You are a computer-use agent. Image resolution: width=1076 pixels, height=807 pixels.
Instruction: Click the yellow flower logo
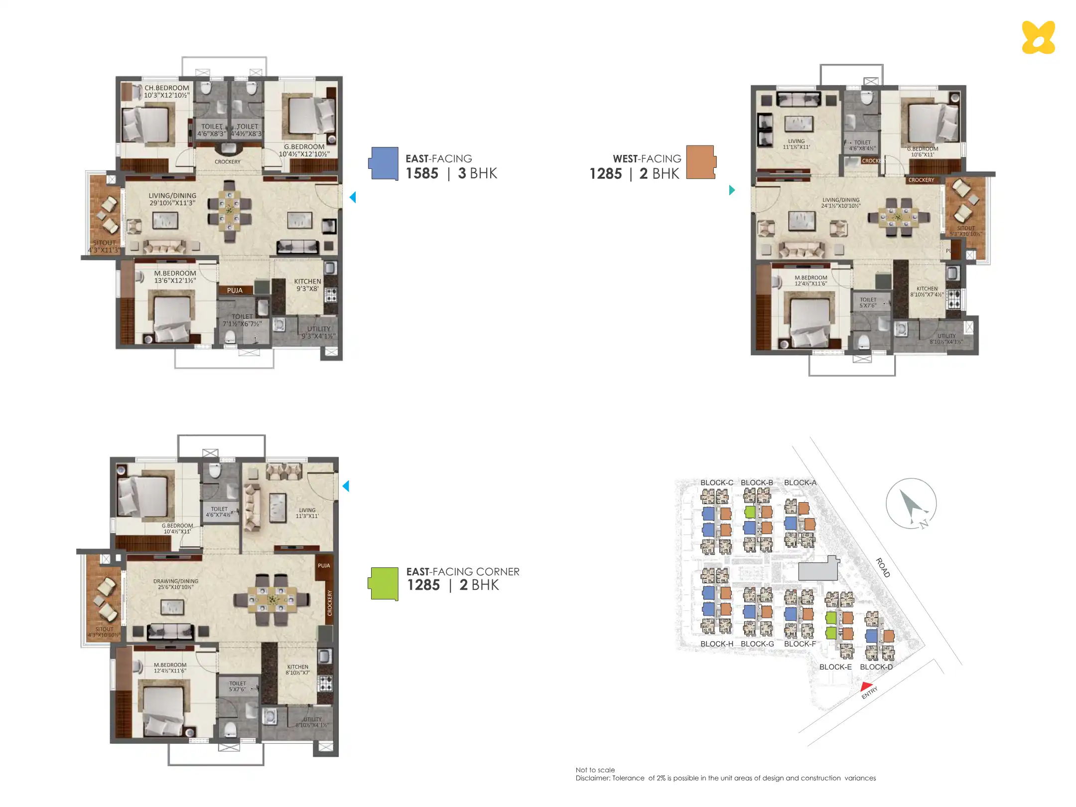pyautogui.click(x=1038, y=37)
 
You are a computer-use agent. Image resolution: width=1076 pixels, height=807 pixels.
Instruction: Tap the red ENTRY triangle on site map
pyautogui.click(x=866, y=686)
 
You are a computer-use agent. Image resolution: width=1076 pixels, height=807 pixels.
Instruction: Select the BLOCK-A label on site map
pyautogui.click(x=800, y=483)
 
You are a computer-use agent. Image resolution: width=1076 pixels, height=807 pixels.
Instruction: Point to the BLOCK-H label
pyautogui.click(x=716, y=644)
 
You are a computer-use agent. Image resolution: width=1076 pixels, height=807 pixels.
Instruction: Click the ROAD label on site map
pyautogui.click(x=883, y=568)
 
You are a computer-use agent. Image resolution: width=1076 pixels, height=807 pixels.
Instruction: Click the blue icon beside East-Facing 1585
pyautogui.click(x=384, y=163)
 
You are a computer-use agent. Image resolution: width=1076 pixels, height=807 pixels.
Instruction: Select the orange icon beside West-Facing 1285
pyautogui.click(x=700, y=162)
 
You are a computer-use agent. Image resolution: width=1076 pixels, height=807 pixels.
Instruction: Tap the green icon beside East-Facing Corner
pyautogui.click(x=384, y=584)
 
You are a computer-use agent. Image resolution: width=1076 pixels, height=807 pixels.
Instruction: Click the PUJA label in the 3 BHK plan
pyautogui.click(x=235, y=290)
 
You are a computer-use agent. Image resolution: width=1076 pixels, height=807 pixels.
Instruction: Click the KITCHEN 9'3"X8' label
pyautogui.click(x=307, y=285)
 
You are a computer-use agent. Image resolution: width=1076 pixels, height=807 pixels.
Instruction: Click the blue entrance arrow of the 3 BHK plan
pyautogui.click(x=353, y=197)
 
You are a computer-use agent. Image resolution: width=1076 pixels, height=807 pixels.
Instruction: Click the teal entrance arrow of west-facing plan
pyautogui.click(x=732, y=190)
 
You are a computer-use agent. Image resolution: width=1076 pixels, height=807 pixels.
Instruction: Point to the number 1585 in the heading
pyautogui.click(x=421, y=173)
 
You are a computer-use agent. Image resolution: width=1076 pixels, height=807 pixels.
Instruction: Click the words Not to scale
pyautogui.click(x=595, y=770)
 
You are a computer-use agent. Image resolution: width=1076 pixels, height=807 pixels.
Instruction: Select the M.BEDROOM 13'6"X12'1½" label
pyautogui.click(x=175, y=277)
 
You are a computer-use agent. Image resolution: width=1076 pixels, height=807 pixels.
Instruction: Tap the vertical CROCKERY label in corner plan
pyautogui.click(x=329, y=603)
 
